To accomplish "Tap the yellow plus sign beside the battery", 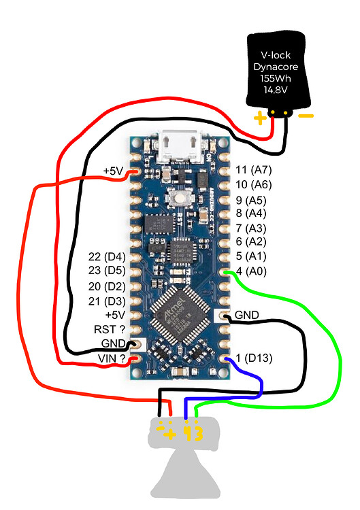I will tap(260, 118).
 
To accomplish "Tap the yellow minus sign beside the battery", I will tap(306, 116).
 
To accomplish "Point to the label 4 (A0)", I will tap(250, 271).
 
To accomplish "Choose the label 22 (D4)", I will tap(106, 256).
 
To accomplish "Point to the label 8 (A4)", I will tap(250, 214).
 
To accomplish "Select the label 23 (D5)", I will tap(106, 271).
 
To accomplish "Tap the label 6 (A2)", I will tap(250, 241).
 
